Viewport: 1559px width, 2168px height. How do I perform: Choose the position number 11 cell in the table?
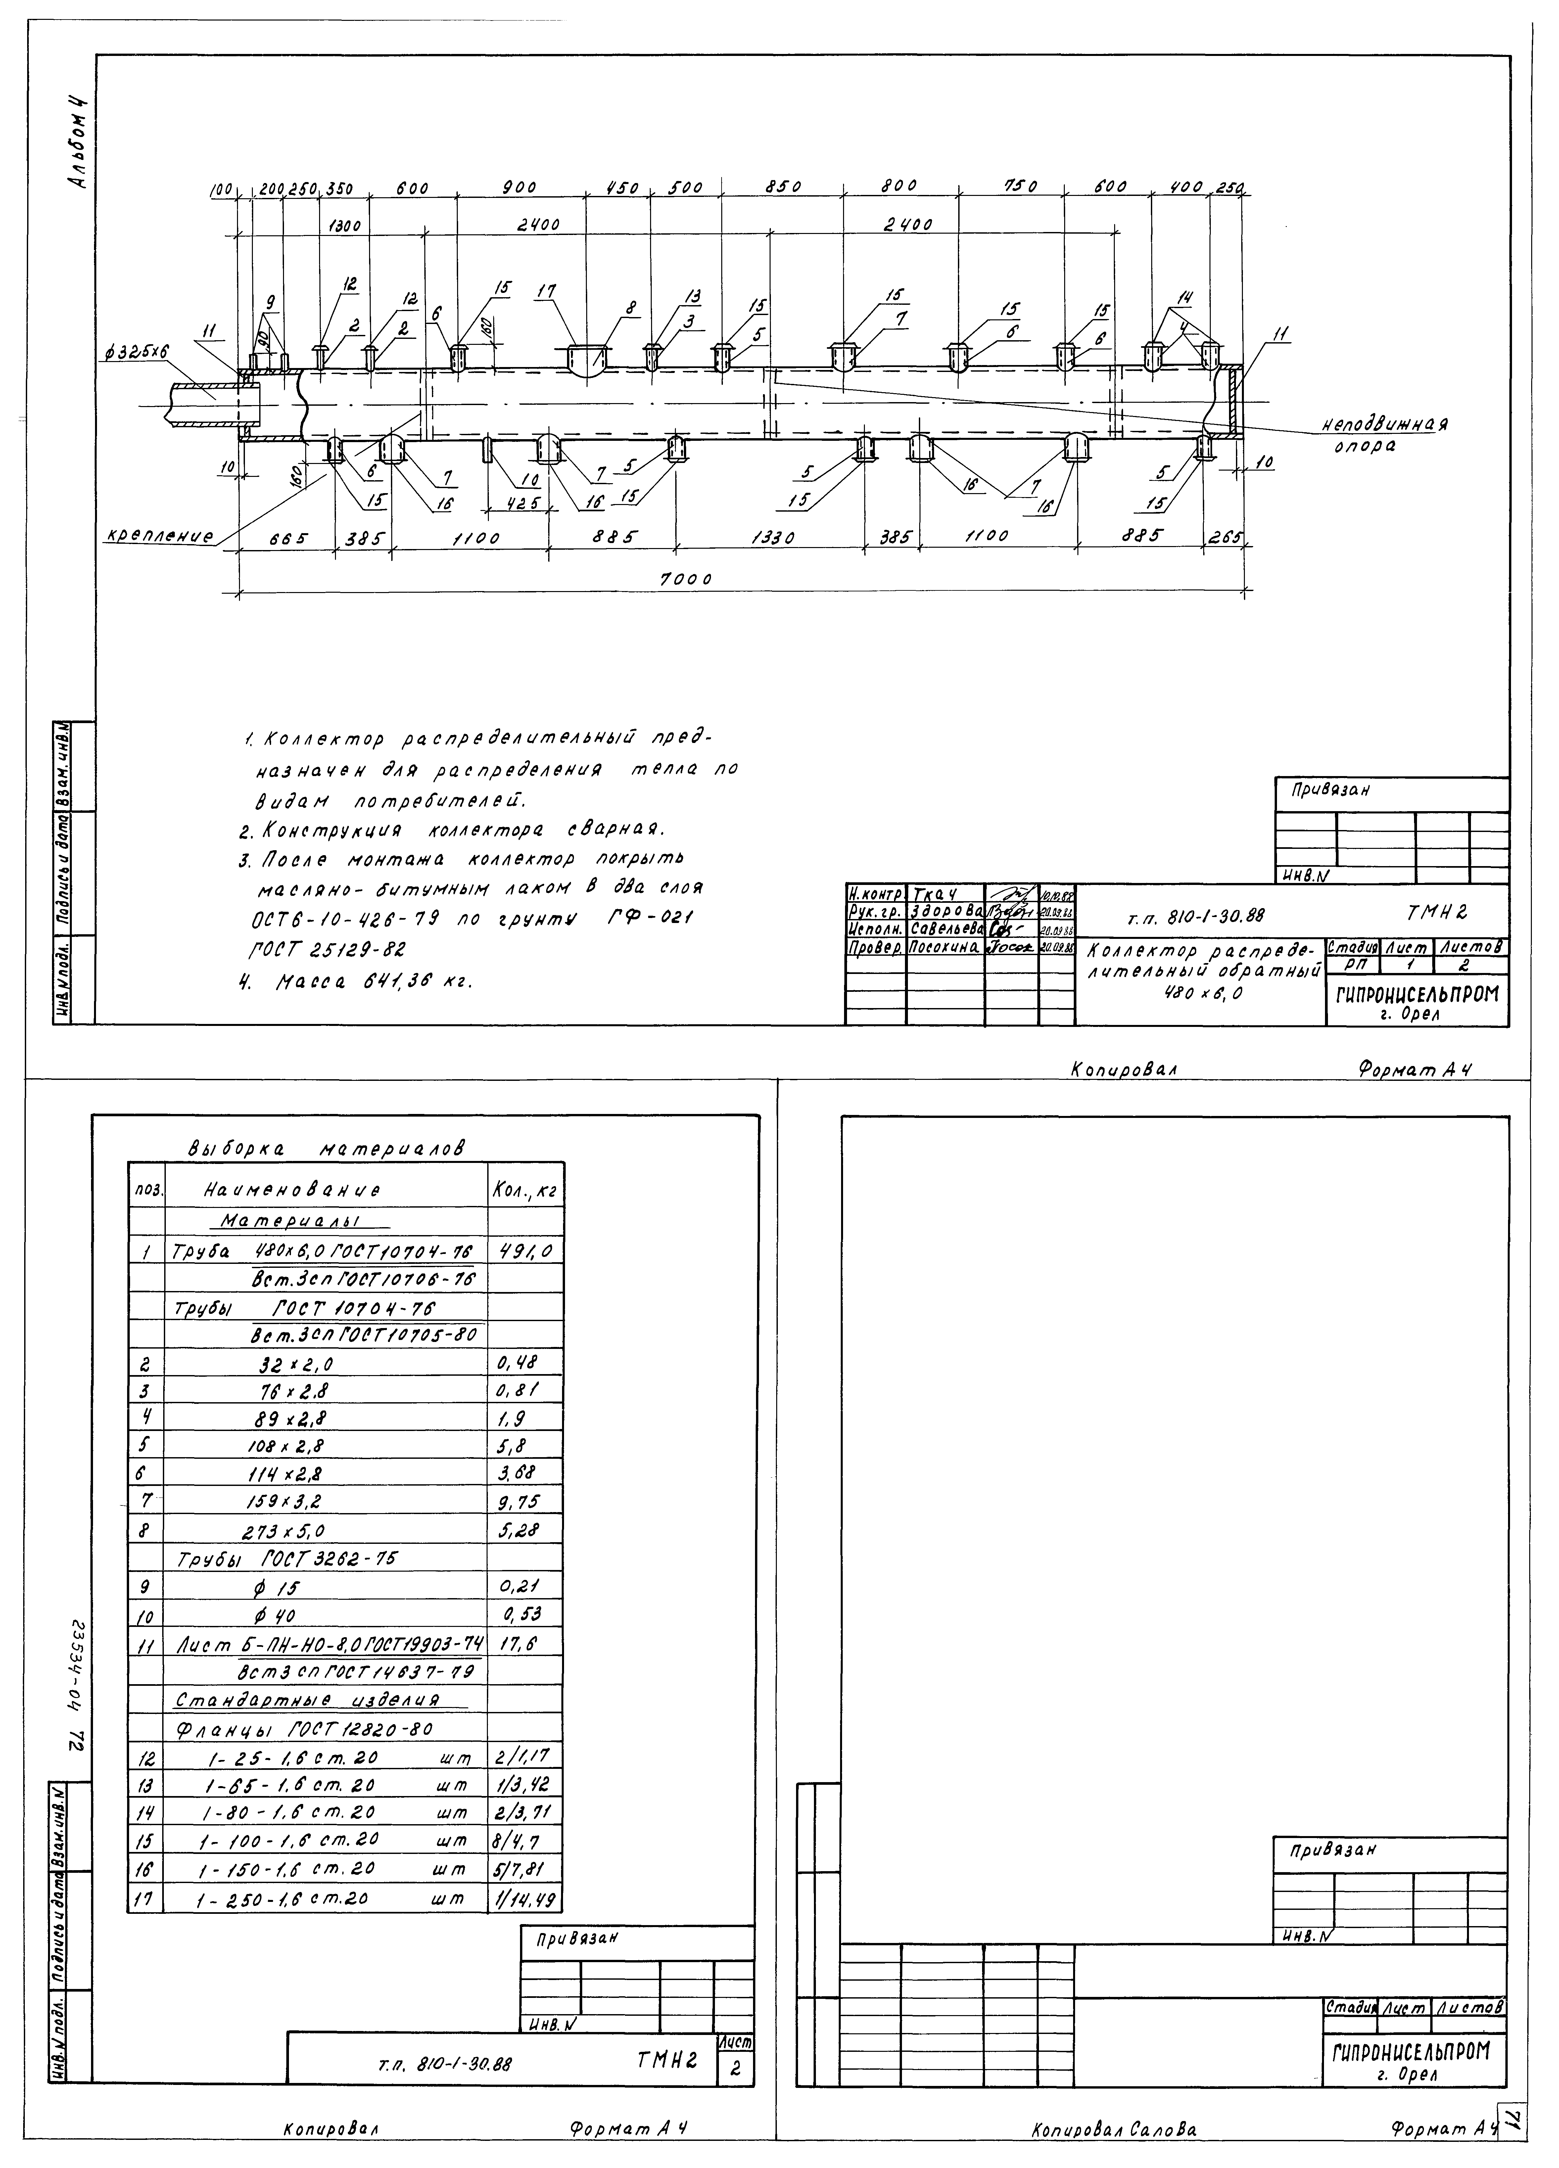(146, 1641)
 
